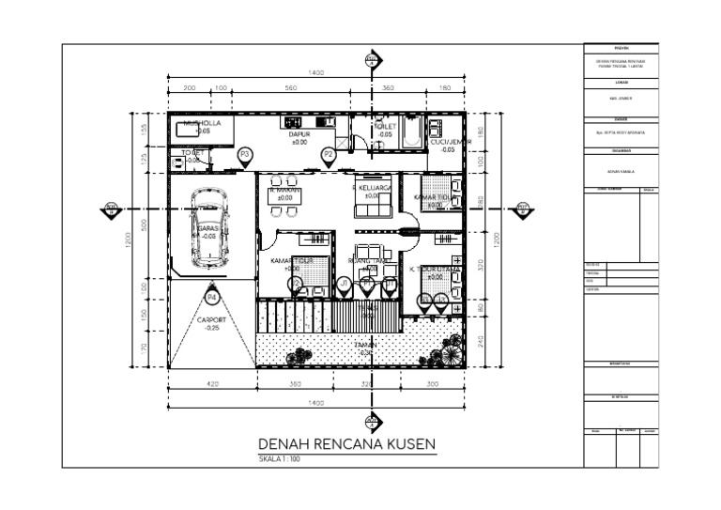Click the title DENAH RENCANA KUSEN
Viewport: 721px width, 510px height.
click(x=346, y=444)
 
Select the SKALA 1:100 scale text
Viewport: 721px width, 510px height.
click(x=279, y=459)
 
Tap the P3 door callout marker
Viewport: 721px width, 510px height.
click(x=245, y=154)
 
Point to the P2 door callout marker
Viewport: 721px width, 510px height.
click(x=328, y=154)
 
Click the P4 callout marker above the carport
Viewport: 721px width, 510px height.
click(x=212, y=298)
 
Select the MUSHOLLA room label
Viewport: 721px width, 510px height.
click(x=202, y=123)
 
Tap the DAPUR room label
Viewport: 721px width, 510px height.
click(x=299, y=135)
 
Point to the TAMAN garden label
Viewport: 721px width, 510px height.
click(x=366, y=346)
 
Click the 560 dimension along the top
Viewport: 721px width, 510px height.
click(x=290, y=88)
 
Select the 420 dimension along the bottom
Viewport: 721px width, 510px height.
click(x=212, y=385)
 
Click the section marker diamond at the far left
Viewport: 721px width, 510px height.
click(x=112, y=209)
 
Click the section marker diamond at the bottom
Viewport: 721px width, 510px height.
click(x=373, y=421)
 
